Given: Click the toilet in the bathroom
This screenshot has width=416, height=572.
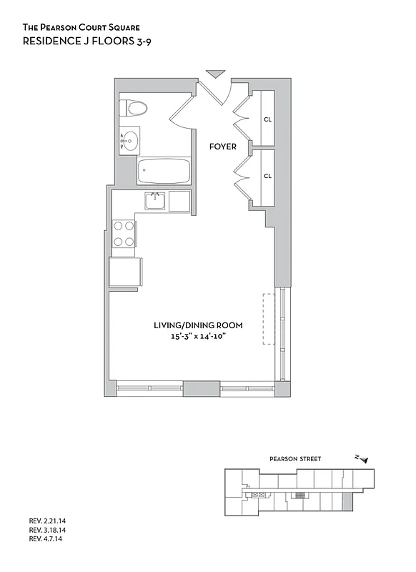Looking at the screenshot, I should (x=136, y=108).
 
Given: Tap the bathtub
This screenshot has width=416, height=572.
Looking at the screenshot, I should (x=164, y=172).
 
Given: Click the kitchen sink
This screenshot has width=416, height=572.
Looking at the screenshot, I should (x=155, y=201).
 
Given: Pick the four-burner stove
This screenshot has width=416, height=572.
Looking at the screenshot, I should (x=124, y=233).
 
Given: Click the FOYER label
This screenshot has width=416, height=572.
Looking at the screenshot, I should (x=222, y=147).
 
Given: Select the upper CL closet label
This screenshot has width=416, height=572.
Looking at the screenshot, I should (x=268, y=119).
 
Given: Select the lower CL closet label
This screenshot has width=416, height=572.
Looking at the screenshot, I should (x=268, y=175).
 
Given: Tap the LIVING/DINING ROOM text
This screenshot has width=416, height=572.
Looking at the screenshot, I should (x=194, y=325).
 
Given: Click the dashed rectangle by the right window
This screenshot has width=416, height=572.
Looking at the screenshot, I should (x=269, y=319).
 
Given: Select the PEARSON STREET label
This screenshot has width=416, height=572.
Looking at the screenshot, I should (x=295, y=459).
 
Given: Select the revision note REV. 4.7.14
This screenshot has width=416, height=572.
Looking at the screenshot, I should (x=46, y=541).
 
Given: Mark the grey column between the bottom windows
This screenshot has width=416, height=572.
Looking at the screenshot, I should (x=201, y=390).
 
